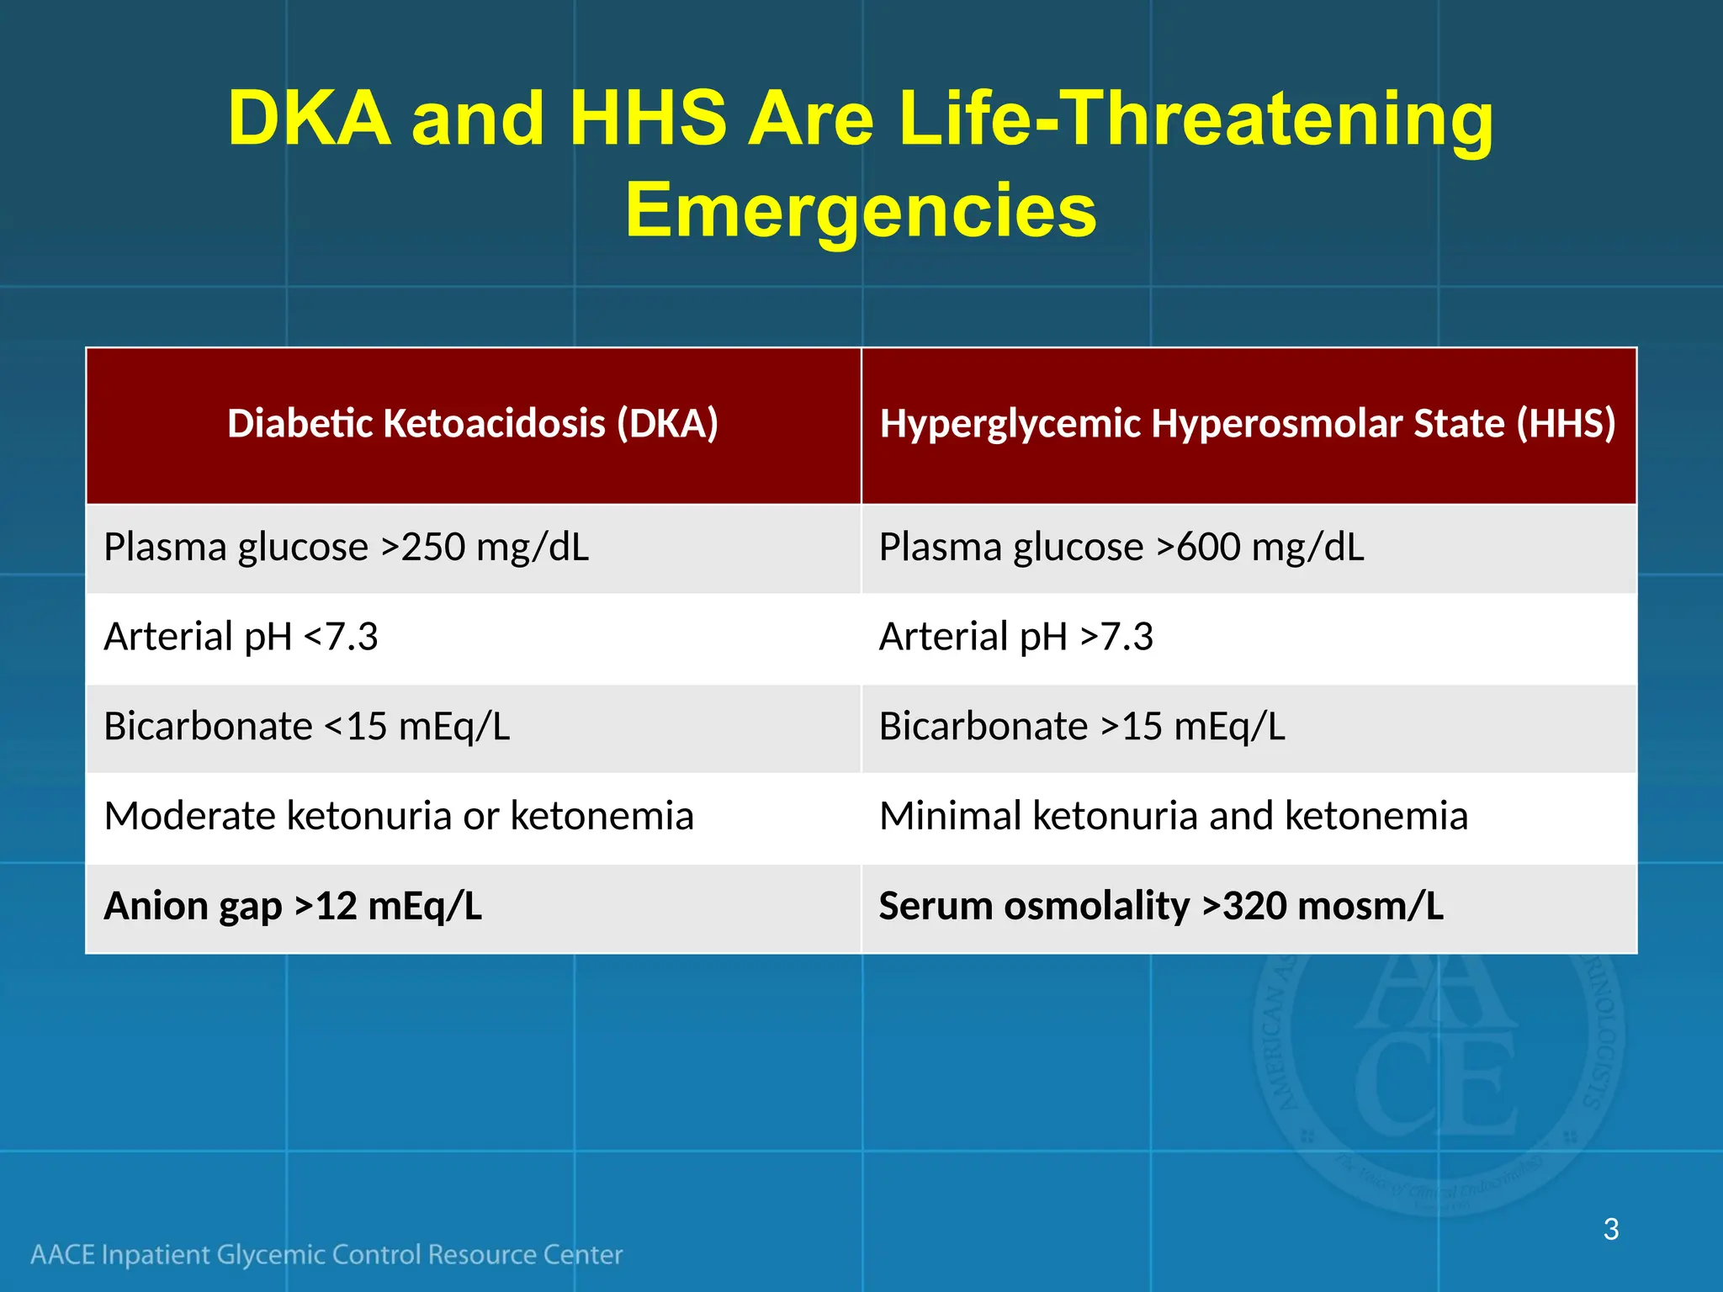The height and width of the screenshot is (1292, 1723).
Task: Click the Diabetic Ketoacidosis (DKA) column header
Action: (473, 423)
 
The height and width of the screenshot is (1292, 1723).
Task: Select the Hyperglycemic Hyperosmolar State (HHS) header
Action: (1248, 423)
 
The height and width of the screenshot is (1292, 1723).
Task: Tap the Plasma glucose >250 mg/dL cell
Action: (346, 548)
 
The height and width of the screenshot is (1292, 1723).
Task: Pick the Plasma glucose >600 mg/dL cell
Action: (1121, 548)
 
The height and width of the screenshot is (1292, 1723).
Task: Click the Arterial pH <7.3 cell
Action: (241, 637)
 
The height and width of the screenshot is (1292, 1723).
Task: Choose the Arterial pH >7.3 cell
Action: (1015, 637)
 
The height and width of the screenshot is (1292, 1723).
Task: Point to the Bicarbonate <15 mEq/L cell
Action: (306, 727)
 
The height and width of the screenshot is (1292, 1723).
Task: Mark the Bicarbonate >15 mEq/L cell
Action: (1082, 727)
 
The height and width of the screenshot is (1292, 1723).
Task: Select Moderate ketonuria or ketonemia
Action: (399, 817)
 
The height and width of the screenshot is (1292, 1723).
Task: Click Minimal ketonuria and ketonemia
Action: (1173, 817)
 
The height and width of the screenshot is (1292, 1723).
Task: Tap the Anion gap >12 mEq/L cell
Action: (293, 907)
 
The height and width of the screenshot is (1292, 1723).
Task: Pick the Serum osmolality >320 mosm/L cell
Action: (1161, 907)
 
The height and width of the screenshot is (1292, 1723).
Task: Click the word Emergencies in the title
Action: (861, 210)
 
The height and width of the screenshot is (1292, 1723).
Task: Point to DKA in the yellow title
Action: (309, 119)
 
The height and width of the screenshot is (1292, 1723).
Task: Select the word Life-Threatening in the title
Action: (1195, 119)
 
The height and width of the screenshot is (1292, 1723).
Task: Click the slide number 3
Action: (1610, 1230)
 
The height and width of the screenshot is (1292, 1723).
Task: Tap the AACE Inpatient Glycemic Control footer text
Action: (326, 1255)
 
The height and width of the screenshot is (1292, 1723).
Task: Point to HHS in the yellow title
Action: (648, 119)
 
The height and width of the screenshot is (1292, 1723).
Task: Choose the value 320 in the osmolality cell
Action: (1254, 907)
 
